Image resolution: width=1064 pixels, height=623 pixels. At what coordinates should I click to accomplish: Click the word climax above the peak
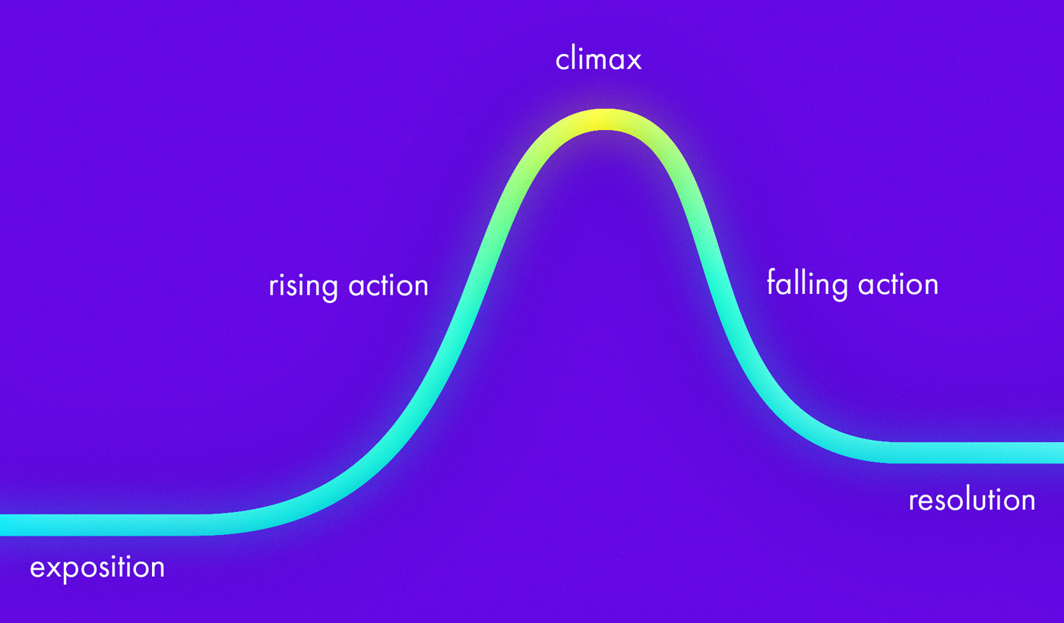click(598, 59)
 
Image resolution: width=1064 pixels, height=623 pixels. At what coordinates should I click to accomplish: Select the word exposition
click(97, 568)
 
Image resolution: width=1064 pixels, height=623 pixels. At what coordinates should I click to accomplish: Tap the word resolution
click(972, 500)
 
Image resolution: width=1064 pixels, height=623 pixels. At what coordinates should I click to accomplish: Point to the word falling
click(807, 284)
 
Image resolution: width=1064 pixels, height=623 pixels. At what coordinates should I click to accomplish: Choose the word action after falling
click(898, 284)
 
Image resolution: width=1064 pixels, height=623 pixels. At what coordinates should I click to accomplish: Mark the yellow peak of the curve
click(600, 120)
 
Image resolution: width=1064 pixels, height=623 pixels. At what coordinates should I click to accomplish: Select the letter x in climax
click(634, 61)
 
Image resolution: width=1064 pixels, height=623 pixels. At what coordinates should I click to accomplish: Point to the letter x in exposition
click(46, 568)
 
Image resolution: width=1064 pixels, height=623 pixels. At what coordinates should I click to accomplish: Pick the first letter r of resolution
click(913, 501)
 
